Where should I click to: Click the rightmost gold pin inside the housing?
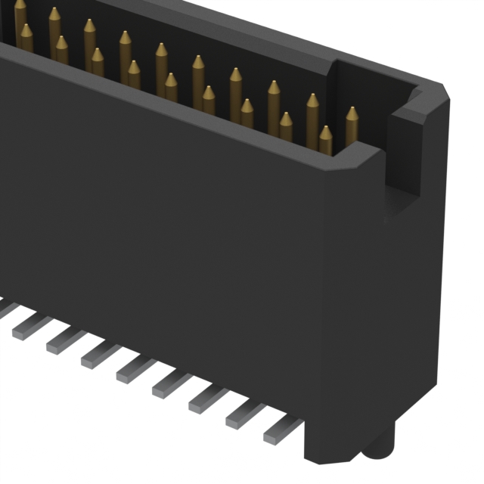pyautogui.click(x=352, y=129)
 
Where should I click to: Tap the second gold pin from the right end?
pyautogui.click(x=325, y=141)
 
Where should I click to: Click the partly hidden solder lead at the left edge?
pyautogui.click(x=6, y=306)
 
